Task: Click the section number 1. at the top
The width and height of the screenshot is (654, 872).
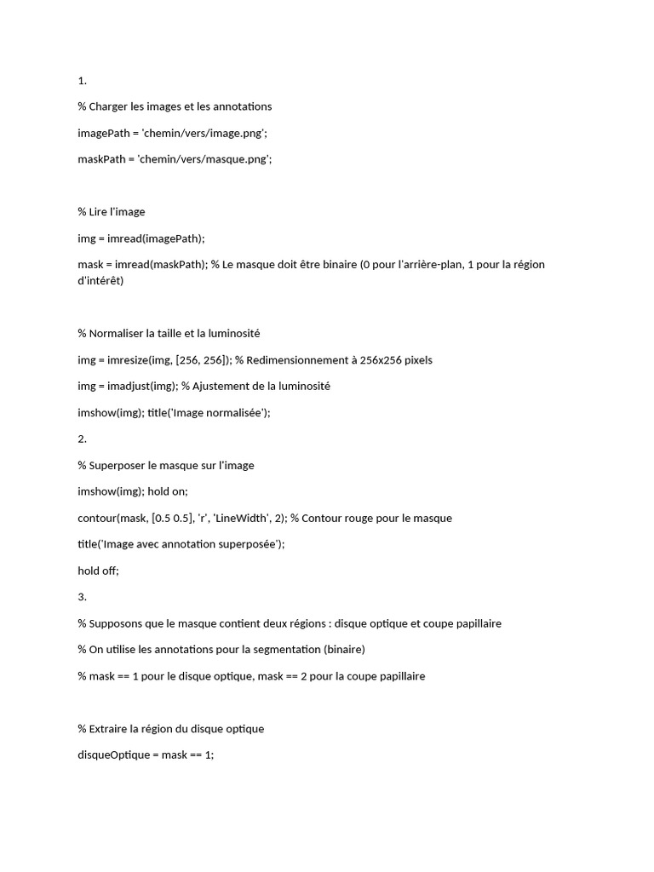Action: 82,81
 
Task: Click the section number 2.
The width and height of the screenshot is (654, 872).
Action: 82,439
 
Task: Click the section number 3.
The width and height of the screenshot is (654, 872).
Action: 82,597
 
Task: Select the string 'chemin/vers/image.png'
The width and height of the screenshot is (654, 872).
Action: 201,133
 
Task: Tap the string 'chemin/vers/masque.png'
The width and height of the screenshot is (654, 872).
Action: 204,159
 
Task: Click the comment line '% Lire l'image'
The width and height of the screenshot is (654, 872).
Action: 112,212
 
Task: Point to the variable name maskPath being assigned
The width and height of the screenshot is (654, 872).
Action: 101,159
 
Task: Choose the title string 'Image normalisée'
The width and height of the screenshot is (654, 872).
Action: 222,413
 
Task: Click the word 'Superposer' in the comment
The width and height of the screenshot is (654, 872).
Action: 117,466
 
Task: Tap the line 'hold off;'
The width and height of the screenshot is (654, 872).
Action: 98,571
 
